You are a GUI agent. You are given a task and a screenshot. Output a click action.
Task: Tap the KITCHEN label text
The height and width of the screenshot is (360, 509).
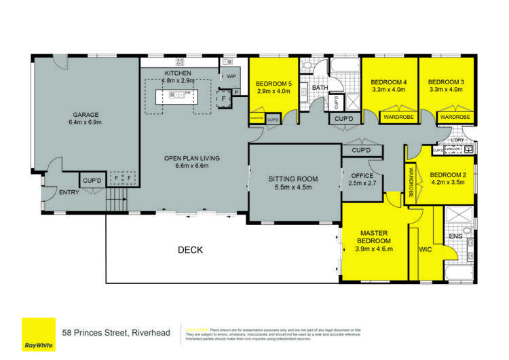coord(178,73)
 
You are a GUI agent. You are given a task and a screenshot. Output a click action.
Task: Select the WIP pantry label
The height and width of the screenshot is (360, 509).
coord(231,76)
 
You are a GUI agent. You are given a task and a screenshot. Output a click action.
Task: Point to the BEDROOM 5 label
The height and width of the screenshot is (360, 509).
coord(273,84)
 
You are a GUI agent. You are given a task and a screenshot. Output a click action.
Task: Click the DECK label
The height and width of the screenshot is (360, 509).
coord(190,250)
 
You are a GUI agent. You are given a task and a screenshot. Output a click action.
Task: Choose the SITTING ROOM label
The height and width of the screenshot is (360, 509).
coord(293,179)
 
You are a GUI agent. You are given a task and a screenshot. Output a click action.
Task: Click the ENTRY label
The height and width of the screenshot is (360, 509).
coord(69,192)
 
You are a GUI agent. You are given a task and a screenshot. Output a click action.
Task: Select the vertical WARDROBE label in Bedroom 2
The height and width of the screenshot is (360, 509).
coord(411,181)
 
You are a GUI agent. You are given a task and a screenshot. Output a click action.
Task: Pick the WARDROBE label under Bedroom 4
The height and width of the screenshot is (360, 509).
coord(398,118)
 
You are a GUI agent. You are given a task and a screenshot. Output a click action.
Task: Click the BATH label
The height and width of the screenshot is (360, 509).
coord(320,88)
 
